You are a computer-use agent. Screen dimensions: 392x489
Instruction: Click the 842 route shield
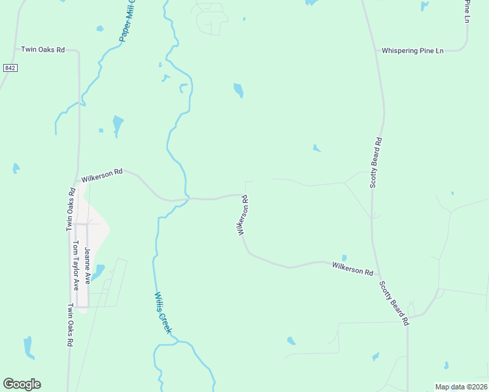tap(9, 68)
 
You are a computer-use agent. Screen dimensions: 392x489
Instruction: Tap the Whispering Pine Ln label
tap(413, 50)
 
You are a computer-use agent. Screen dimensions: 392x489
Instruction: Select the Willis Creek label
tap(163, 313)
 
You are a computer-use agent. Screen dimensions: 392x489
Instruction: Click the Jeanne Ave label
tap(87, 268)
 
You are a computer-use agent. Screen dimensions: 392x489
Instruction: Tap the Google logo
tap(22, 384)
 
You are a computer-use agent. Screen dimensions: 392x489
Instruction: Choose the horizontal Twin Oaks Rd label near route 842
tap(43, 49)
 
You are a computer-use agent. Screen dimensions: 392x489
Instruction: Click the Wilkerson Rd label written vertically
tap(243, 216)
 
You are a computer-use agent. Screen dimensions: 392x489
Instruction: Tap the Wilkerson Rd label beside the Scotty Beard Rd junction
tap(352, 268)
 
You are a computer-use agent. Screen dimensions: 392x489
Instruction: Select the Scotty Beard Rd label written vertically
tap(375, 163)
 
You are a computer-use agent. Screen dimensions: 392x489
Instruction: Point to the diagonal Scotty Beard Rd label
tap(394, 304)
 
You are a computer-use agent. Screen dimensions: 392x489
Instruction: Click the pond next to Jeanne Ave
tap(98, 271)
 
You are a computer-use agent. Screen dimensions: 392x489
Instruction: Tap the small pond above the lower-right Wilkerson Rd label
tap(344, 258)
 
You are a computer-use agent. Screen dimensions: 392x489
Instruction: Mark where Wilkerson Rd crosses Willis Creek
tap(186, 198)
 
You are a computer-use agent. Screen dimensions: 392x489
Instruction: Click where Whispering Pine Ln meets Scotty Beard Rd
tap(377, 50)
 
